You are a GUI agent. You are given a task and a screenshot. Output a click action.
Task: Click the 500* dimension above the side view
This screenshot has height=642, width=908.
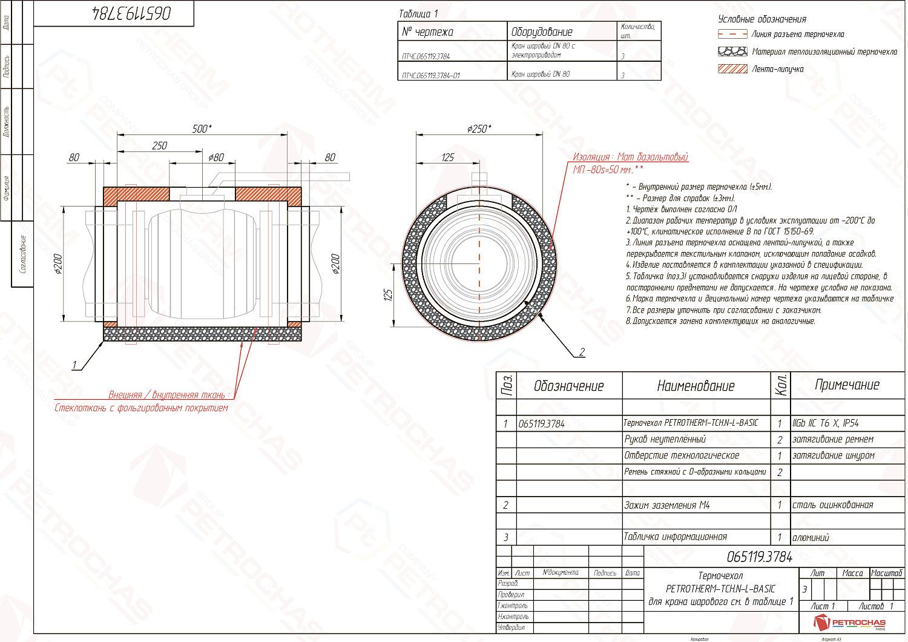point(202,128)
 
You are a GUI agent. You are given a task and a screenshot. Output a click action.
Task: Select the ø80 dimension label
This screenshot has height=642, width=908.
point(216,157)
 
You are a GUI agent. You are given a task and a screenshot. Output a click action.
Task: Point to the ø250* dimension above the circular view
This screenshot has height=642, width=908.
point(479,128)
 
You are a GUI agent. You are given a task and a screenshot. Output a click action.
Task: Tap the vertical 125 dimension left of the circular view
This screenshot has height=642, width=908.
point(388,294)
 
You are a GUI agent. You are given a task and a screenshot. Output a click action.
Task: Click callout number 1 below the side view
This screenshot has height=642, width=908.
point(74,365)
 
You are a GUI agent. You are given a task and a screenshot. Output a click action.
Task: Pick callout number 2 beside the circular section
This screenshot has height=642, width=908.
point(582,352)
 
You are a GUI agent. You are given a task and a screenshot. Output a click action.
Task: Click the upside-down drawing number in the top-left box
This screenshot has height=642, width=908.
point(131,13)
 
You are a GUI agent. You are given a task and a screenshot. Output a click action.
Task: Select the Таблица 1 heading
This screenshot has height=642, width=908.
point(418,13)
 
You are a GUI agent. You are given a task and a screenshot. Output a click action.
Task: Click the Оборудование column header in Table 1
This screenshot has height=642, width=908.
point(542,32)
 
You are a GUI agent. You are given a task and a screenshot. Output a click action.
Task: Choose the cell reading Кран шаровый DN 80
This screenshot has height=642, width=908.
point(541,74)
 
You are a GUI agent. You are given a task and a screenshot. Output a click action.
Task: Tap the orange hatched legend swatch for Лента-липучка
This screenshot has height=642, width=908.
point(732,69)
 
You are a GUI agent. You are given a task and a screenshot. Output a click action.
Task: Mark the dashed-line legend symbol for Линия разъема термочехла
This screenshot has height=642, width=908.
point(732,35)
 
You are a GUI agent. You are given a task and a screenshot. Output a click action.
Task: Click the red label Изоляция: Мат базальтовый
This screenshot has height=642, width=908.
point(630,157)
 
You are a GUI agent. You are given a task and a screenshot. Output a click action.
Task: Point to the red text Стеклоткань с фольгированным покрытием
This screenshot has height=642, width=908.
point(141,408)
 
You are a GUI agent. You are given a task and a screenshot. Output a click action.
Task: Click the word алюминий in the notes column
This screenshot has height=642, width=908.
point(811,537)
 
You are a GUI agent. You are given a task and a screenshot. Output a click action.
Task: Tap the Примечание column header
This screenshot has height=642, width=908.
point(847,385)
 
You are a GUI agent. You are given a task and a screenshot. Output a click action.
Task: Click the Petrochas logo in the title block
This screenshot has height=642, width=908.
point(850,622)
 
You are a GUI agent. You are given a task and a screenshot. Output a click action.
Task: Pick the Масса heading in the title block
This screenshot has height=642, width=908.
point(852,573)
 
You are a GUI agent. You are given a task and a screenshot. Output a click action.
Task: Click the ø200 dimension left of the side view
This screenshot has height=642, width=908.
point(58,264)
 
